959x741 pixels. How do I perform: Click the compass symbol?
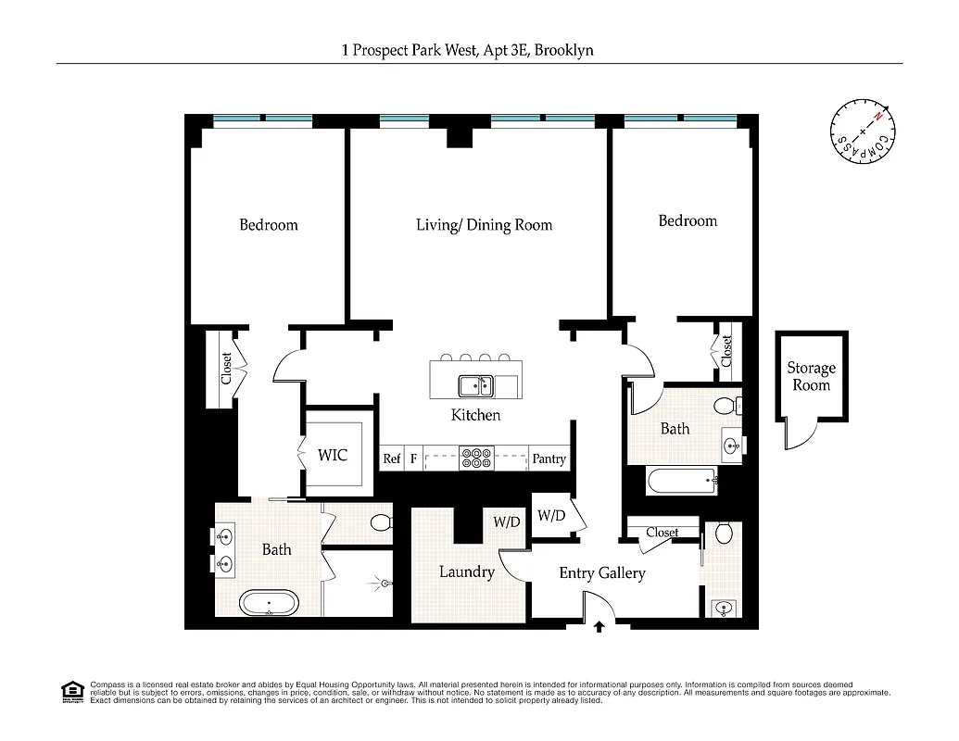pos(863,129)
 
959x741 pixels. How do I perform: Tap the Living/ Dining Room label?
pos(484,225)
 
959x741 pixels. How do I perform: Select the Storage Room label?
pos(811,376)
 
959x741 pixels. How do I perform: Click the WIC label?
pos(333,455)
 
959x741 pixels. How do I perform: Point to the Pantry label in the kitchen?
pos(549,458)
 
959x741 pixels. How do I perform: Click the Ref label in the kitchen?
pos(392,458)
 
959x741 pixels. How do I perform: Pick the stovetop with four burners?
pos(476,458)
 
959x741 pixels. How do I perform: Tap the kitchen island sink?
pos(475,384)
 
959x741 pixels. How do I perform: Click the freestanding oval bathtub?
pos(270,604)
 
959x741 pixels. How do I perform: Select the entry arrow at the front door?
pos(599,627)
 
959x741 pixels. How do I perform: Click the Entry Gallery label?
pos(601,573)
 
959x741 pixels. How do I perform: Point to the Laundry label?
pos(466,571)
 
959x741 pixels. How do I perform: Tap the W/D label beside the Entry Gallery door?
pos(551,515)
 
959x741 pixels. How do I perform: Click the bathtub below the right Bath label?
pos(681,481)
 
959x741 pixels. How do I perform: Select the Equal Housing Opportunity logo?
pos(70,690)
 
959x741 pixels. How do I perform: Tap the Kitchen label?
pos(475,415)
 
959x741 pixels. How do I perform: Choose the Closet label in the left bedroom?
pos(226,369)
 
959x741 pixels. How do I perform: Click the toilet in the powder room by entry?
pos(724,534)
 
